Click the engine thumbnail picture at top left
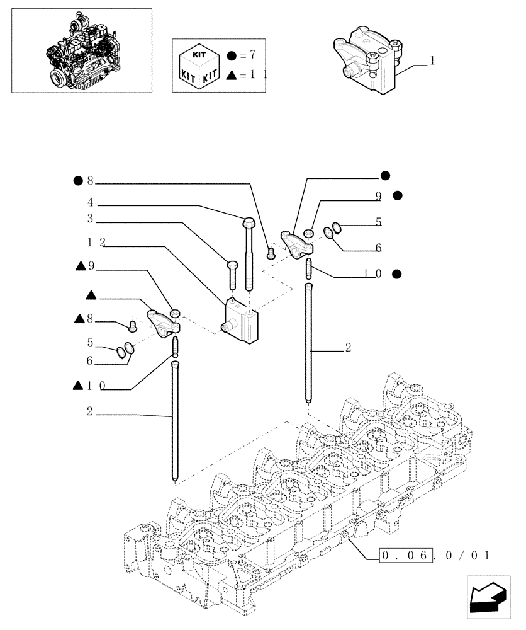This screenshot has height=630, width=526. [81, 50]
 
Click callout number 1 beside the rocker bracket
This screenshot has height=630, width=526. [433, 61]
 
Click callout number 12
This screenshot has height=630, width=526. [96, 243]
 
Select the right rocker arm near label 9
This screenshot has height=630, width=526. [294, 242]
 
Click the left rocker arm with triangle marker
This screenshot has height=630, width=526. [163, 321]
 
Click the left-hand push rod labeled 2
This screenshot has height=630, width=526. [174, 419]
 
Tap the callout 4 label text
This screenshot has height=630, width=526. [91, 203]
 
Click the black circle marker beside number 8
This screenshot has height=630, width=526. [77, 181]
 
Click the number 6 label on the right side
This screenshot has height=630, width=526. [378, 248]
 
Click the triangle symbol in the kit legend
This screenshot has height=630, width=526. [233, 74]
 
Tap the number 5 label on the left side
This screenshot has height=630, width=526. [90, 343]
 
